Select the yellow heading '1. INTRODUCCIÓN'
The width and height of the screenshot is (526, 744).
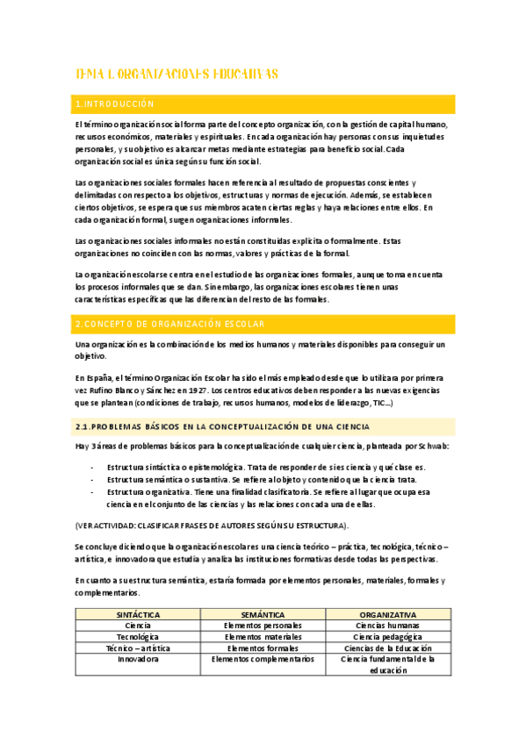point(116,105)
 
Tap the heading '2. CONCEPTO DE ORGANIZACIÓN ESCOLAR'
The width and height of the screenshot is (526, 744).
point(170,325)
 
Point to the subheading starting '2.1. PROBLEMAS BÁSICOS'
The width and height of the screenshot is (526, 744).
point(218,426)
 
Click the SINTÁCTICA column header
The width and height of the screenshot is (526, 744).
point(138,614)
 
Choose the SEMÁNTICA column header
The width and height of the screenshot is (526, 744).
point(263,614)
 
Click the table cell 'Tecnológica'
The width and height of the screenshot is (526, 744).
point(138,636)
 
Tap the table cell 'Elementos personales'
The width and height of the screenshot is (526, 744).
point(263,625)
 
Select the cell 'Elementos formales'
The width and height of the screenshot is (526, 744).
point(263,647)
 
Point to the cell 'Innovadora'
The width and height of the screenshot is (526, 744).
point(138,658)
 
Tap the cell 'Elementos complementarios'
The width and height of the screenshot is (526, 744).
point(263,658)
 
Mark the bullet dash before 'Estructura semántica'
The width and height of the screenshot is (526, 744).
point(92,480)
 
